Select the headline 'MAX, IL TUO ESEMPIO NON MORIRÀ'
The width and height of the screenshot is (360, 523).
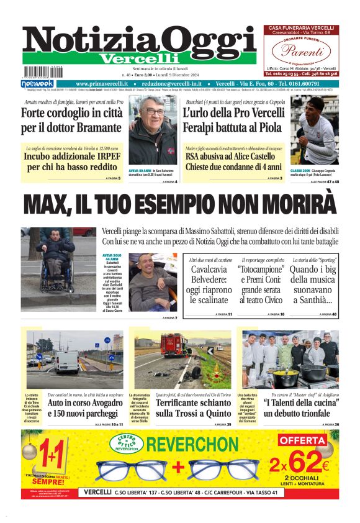pos(179,204)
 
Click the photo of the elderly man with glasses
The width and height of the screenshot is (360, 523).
pos(152,130)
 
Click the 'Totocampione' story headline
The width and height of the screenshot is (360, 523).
pos(261,285)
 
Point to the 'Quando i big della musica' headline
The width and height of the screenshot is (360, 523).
pos(313,285)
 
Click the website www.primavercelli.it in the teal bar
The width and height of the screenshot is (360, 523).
pos(102,83)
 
